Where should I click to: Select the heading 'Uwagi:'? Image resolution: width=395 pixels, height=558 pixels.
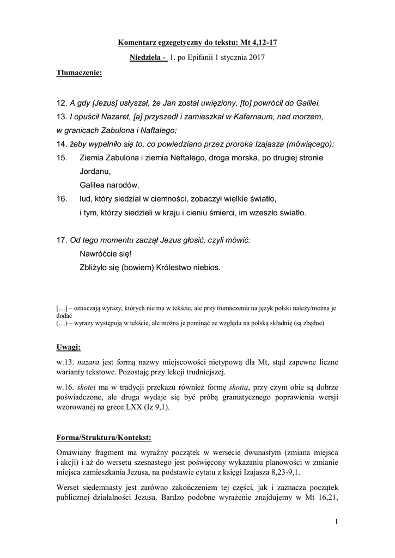click(x=69, y=347)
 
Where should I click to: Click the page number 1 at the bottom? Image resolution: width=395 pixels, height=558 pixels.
click(x=337, y=523)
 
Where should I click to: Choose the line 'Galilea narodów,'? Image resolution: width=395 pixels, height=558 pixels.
click(x=110, y=185)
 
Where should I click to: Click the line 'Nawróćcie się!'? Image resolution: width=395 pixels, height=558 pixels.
click(x=106, y=254)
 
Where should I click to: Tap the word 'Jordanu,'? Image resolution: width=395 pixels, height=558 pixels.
click(x=95, y=171)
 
